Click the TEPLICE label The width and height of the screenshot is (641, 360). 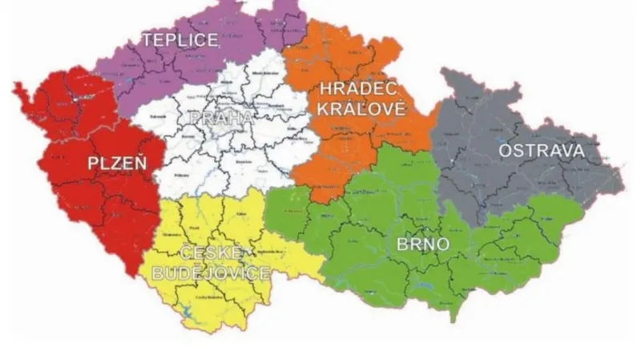point(180,40)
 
